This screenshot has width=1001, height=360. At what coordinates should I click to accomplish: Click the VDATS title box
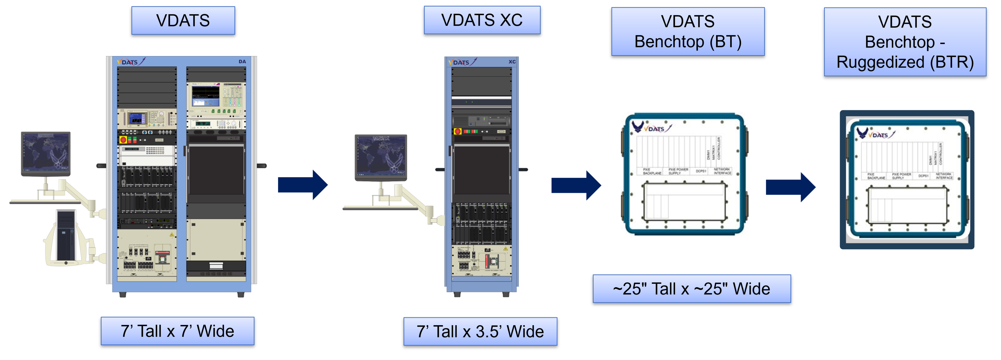tap(183, 21)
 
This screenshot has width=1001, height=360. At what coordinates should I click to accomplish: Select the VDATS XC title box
tap(482, 20)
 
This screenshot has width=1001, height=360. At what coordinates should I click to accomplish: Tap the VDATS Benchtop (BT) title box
tap(688, 32)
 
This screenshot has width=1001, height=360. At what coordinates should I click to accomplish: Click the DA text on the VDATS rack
tap(242, 61)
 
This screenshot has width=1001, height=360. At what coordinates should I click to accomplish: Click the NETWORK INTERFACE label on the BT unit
tap(722, 171)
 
